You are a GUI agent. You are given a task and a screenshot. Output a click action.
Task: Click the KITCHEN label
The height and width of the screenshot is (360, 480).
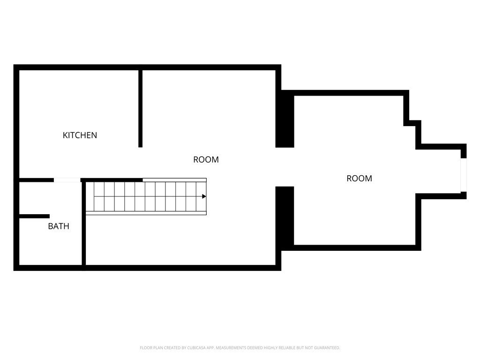(x=80, y=135)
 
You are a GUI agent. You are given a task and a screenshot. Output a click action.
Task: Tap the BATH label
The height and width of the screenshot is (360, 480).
(x=59, y=226)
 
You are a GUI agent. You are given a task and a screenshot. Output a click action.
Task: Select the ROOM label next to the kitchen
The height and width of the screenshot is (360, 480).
(x=206, y=159)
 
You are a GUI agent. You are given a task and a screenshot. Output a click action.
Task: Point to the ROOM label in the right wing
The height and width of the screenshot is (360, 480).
(x=360, y=179)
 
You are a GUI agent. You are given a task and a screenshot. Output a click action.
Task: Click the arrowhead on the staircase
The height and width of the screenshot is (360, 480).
(x=204, y=196)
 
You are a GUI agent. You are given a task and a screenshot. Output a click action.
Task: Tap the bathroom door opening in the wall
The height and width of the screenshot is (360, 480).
(x=67, y=180)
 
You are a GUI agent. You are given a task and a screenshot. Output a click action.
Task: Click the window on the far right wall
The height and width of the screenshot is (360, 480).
(x=464, y=175)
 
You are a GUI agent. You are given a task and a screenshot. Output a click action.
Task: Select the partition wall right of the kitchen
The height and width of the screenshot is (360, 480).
(x=140, y=109)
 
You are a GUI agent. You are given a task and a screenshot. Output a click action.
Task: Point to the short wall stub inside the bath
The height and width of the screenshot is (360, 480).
(x=34, y=216)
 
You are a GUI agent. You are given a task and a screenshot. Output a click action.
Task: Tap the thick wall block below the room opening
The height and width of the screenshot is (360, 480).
(x=285, y=218)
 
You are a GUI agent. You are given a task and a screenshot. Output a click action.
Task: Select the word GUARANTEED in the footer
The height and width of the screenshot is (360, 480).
(x=327, y=348)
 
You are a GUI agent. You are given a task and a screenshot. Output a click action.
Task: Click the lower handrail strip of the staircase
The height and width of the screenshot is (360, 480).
(x=146, y=213)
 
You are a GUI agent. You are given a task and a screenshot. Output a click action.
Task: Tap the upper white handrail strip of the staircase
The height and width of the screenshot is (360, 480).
(x=174, y=180)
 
